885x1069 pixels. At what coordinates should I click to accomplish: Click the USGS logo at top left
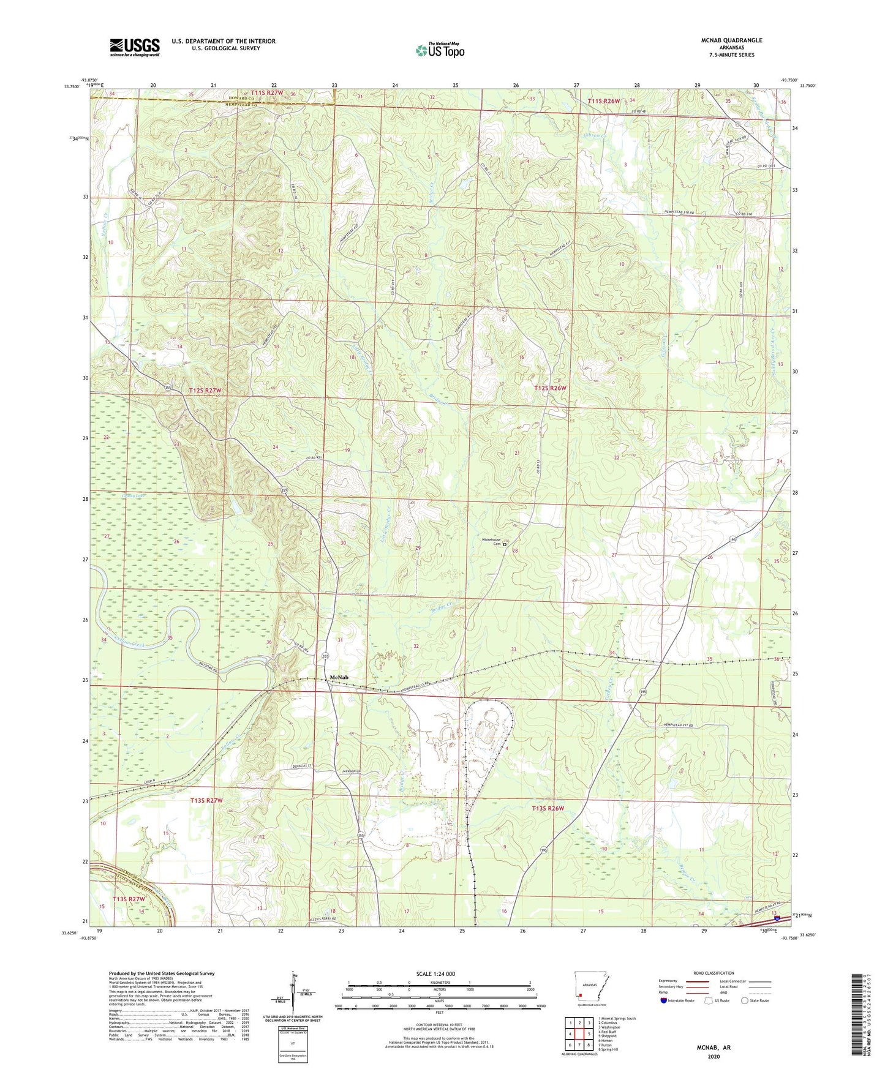(x=135, y=47)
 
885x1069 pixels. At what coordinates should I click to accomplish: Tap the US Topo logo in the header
(x=440, y=50)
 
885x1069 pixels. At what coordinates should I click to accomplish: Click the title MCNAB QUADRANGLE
(x=731, y=40)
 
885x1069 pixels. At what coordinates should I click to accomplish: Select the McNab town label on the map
(x=339, y=677)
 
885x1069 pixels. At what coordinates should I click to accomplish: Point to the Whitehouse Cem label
(x=491, y=542)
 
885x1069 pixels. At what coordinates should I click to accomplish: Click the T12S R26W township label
(x=550, y=388)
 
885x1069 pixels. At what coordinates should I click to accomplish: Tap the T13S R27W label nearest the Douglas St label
(x=206, y=800)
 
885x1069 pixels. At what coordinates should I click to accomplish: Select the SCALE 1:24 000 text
(x=435, y=974)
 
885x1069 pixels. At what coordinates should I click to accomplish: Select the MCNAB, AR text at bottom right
(x=714, y=1048)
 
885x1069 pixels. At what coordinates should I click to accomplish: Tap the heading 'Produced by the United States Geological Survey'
(x=161, y=973)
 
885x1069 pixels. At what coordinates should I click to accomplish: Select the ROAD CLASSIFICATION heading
(x=713, y=973)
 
